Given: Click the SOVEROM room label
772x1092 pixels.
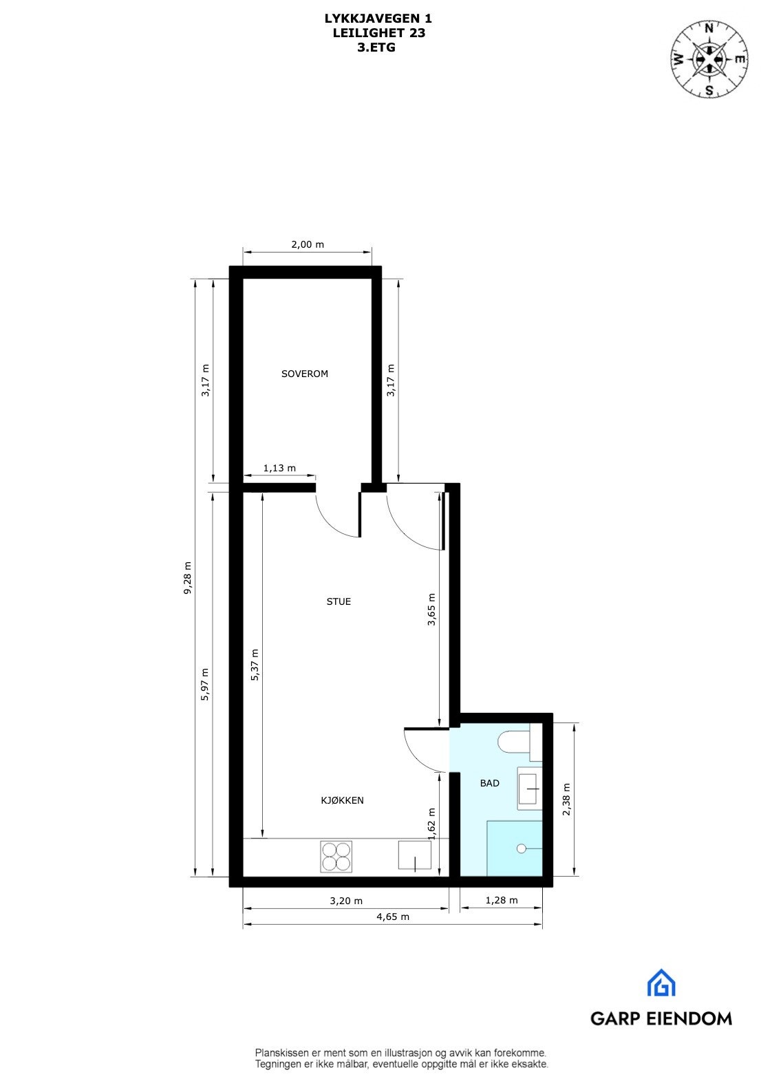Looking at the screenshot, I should tap(305, 374).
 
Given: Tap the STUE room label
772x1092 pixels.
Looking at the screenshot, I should tap(339, 601).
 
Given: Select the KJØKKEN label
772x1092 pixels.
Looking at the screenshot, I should tap(342, 800).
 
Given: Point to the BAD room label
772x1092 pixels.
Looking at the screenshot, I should tap(490, 783).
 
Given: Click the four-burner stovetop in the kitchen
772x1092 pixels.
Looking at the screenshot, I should tap(336, 857).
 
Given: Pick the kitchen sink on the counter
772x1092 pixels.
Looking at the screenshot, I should tap(414, 855).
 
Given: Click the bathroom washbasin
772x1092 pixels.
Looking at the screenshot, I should tap(529, 788).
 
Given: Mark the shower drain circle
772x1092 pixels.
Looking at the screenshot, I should tap(522, 848).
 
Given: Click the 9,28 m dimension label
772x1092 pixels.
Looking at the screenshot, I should tap(187, 577).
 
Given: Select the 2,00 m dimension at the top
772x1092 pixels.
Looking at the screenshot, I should tap(307, 244).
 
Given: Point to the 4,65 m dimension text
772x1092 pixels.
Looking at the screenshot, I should tap(392, 917).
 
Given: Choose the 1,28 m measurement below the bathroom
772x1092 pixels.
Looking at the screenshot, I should tap(502, 900).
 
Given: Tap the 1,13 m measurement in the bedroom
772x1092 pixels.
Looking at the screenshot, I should tap(279, 469).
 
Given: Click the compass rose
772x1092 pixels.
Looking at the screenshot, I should tap(709, 58).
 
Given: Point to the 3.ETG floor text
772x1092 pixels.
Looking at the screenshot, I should tap(376, 47).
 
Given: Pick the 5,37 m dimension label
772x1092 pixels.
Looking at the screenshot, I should tap(255, 665).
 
